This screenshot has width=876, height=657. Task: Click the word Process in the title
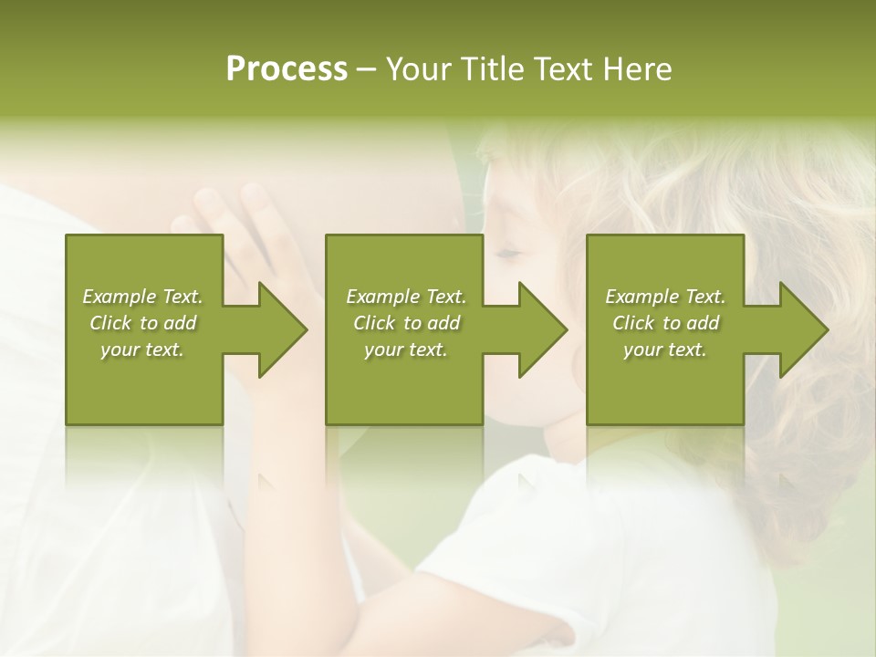click(287, 69)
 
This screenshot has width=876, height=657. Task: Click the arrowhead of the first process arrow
click(284, 329)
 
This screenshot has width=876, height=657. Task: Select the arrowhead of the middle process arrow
click(543, 329)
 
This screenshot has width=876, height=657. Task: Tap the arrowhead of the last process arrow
click(804, 329)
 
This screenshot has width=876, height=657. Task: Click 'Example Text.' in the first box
click(142, 297)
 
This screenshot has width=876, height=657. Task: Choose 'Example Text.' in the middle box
click(406, 297)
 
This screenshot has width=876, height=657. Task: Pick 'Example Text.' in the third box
click(665, 297)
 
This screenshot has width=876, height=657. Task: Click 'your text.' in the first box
click(142, 349)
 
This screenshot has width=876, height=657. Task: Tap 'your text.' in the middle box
click(406, 349)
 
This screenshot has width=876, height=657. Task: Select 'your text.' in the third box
click(665, 349)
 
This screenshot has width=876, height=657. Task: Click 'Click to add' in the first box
click(142, 323)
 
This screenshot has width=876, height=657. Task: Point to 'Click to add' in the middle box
click(406, 323)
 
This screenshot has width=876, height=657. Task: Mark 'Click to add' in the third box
click(665, 323)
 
